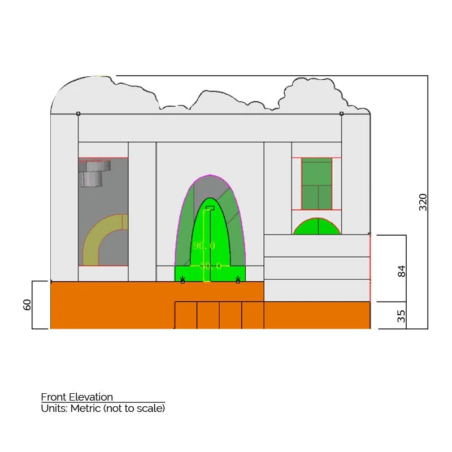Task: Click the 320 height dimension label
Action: [x=423, y=202]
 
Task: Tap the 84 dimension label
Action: [x=402, y=270]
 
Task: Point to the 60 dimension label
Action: [x=27, y=305]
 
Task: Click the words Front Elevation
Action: [x=77, y=397]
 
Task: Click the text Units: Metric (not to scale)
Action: [x=103, y=408]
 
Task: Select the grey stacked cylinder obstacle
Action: [x=93, y=173]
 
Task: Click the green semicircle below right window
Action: [x=317, y=227]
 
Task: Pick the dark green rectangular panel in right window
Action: [x=316, y=184]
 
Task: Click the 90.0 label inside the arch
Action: [x=204, y=246]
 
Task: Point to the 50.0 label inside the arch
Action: [x=210, y=266]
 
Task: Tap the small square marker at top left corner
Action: [x=78, y=114]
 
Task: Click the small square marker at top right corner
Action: [x=341, y=114]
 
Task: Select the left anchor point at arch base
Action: [x=182, y=280]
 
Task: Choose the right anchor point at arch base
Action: [x=238, y=280]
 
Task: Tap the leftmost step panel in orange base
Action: [x=186, y=315]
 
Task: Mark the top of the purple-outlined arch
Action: [x=210, y=176]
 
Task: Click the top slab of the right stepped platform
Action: [x=316, y=245]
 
